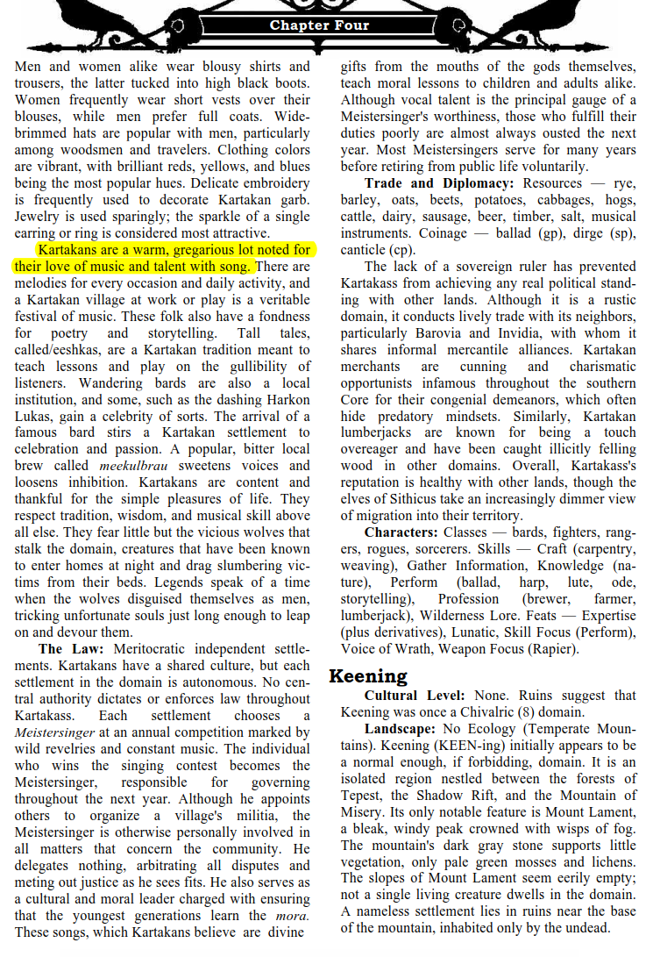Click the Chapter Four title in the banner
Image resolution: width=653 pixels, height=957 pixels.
click(x=319, y=25)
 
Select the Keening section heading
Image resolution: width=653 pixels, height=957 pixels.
click(x=368, y=675)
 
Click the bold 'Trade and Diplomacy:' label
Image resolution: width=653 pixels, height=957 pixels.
click(x=439, y=183)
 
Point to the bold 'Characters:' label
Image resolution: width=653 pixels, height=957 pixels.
click(x=401, y=532)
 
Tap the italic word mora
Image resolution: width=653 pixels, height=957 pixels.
click(x=292, y=916)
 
